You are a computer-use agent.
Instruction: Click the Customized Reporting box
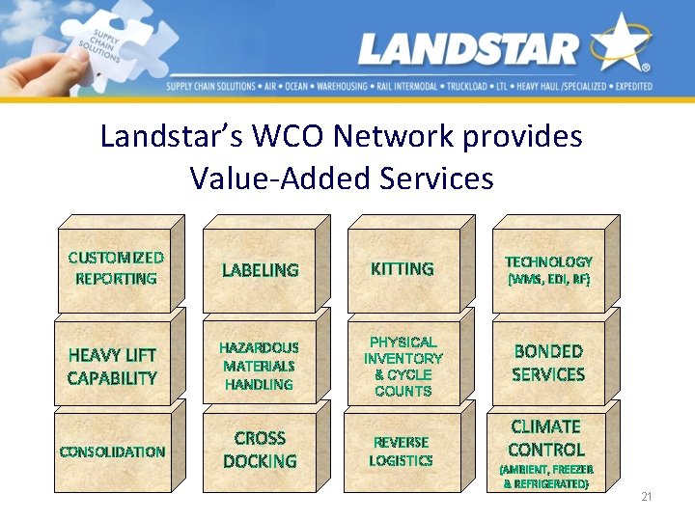point(113,269)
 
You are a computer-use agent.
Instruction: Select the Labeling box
point(260,270)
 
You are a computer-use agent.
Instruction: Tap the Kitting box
point(403,269)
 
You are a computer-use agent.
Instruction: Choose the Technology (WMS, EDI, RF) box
point(548,270)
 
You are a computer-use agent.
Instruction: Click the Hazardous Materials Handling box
point(259,367)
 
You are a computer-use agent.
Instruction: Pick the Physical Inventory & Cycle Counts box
point(403,367)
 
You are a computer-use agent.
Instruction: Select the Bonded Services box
point(548,364)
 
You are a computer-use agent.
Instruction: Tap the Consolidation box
point(113,452)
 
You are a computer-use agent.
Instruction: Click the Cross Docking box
point(260,451)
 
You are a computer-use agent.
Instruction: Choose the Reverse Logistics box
point(402,452)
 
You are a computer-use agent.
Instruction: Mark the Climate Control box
point(547,452)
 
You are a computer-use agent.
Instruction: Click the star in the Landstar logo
point(620,44)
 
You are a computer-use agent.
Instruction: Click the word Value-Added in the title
point(279,178)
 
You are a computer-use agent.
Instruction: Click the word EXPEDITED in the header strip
point(628,87)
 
